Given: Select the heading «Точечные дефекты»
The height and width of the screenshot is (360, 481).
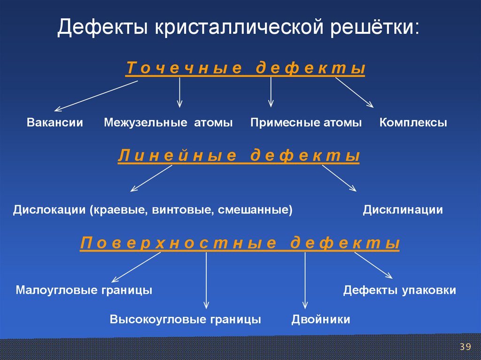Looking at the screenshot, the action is tap(245, 69).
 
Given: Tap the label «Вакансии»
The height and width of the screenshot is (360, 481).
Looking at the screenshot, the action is tap(55, 123).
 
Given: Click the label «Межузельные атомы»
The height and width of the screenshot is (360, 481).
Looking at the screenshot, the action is tap(169, 123).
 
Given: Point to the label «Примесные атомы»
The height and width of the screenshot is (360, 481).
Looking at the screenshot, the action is tap(306, 123).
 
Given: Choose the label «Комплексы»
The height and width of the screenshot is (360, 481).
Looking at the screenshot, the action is tap(413, 123).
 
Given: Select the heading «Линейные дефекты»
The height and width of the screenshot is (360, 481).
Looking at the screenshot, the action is tap(239, 156).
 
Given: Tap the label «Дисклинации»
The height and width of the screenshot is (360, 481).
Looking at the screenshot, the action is tap(403, 209).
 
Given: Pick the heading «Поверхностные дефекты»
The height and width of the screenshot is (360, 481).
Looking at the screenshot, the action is tap(240, 244).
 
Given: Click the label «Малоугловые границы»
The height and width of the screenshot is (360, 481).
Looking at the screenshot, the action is tap(84, 290).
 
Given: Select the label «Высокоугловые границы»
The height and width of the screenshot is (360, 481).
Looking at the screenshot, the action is tap(186, 320).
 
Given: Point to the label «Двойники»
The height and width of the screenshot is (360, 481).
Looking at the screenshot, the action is tap(321, 320).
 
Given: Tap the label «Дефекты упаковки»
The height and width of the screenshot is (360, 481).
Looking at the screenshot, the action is tap(400, 290).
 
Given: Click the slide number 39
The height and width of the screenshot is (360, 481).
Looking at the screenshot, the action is tap(465, 347).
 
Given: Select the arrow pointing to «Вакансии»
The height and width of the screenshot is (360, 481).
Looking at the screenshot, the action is tap(96, 96).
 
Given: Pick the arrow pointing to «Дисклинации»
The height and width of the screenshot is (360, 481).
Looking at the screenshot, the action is tap(339, 178).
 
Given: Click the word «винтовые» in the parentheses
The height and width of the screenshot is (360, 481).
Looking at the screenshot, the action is tap(181, 209).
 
